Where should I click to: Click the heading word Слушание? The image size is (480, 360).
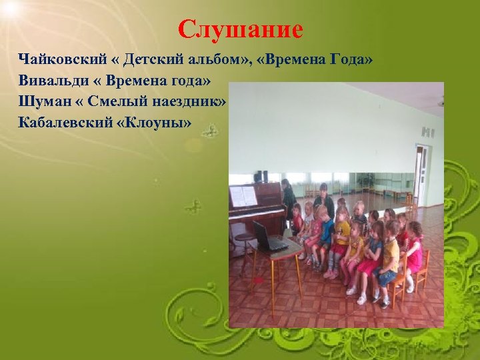pos(241,29)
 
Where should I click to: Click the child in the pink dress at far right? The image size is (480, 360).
pos(414,250)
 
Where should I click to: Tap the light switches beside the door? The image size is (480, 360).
pos(427,132)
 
